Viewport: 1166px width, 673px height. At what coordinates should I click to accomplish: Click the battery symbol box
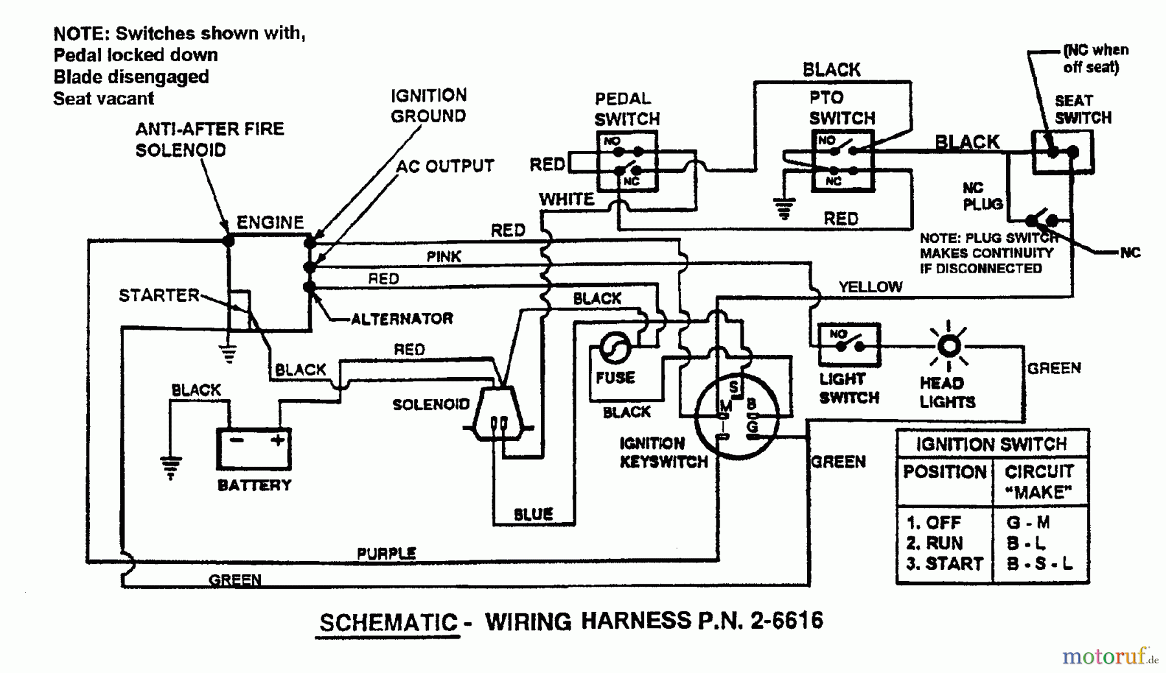253,448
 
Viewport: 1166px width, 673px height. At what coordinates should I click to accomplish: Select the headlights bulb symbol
949,347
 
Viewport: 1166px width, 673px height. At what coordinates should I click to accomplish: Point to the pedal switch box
627,161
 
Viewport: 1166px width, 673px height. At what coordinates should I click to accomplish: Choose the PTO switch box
842,161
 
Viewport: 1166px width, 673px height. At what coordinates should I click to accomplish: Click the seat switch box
1062,152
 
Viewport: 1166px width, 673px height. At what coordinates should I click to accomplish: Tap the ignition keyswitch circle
737,416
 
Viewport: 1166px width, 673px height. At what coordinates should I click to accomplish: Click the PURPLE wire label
387,553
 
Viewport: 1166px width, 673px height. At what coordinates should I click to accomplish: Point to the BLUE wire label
533,514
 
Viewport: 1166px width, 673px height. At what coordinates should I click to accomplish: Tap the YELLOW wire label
870,286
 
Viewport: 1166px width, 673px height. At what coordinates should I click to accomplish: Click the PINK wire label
444,257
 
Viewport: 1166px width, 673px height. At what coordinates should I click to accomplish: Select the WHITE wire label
566,199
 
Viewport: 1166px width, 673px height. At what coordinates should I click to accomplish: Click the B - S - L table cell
1039,564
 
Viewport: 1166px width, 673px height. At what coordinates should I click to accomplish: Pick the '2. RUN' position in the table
935,543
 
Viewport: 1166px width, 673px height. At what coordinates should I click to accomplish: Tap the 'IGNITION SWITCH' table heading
991,444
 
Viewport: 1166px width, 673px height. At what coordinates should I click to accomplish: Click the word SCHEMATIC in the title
389,622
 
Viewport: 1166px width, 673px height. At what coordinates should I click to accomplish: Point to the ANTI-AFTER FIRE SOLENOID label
209,139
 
